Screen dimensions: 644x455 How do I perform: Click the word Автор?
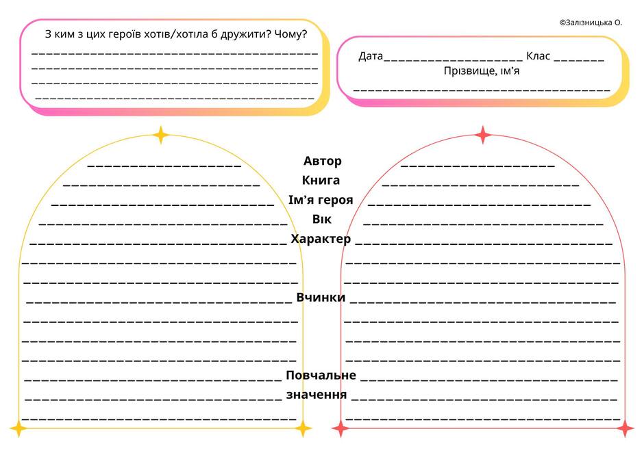click(x=323, y=161)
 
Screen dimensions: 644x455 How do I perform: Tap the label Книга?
click(x=321, y=180)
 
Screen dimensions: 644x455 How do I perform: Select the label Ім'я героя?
click(x=321, y=200)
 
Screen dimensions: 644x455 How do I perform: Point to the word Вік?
click(x=321, y=219)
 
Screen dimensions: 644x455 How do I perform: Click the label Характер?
click(x=321, y=239)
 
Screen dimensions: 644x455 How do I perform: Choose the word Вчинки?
click(x=321, y=297)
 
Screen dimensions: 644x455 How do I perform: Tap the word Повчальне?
click(x=321, y=375)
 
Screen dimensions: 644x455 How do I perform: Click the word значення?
click(x=317, y=395)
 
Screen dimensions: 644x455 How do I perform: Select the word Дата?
click(x=371, y=56)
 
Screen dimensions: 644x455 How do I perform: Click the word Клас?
click(x=538, y=56)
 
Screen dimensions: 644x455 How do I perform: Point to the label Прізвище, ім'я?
click(x=482, y=71)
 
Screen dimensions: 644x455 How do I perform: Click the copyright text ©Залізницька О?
click(x=591, y=23)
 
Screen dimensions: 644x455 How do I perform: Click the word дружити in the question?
click(x=246, y=34)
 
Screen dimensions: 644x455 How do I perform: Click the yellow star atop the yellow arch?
click(x=161, y=135)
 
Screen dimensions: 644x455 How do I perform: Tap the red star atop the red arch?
click(x=482, y=135)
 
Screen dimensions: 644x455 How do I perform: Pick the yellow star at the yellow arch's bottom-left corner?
click(x=18, y=429)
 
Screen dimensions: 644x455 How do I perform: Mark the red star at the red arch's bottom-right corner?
click(x=625, y=429)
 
